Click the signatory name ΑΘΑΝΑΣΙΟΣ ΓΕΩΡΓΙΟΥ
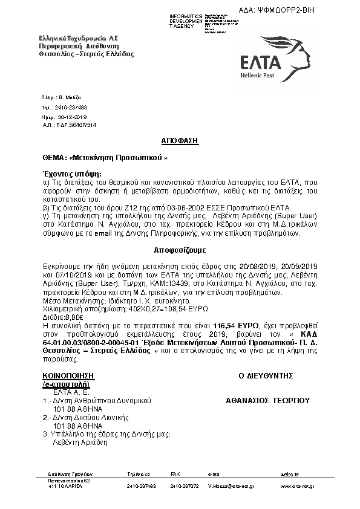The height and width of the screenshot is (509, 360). click(x=267, y=400)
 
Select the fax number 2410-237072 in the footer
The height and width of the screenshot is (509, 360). click(x=185, y=485)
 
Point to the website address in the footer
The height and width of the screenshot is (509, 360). click(x=298, y=485)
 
